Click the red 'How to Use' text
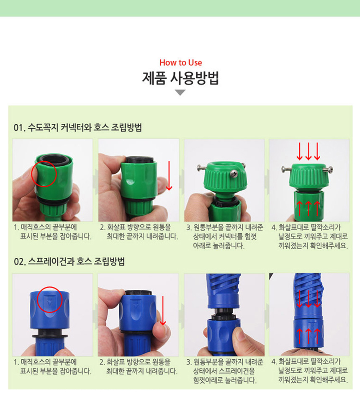coord(181,62)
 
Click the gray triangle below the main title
coord(180,93)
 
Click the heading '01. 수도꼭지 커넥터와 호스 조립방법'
coord(77,127)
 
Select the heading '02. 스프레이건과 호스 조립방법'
coord(69,261)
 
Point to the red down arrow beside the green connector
coord(169,176)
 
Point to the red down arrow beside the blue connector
coord(163,311)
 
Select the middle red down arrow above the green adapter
coord(308,151)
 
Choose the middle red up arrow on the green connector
coord(308,209)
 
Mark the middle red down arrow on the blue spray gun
coord(309,299)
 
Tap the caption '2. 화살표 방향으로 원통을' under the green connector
coord(135,227)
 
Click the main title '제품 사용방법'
coord(181,78)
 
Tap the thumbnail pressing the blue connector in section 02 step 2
coord(139,315)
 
